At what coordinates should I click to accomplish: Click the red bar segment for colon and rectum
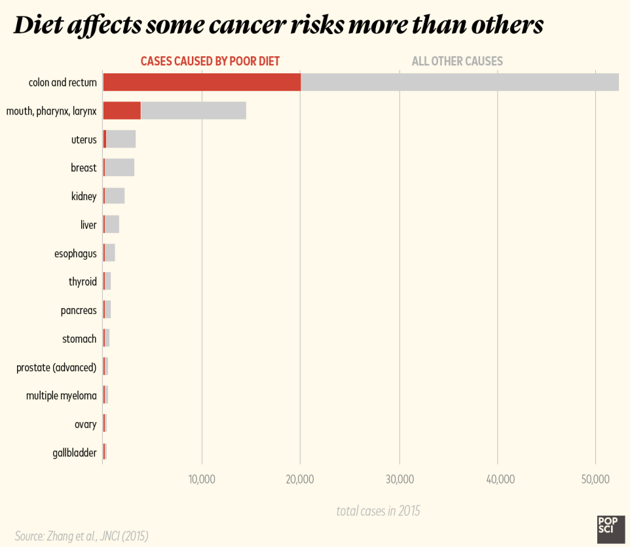(x=202, y=82)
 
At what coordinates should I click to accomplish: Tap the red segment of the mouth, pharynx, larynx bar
(x=122, y=111)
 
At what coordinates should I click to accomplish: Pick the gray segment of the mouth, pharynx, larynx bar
(x=193, y=111)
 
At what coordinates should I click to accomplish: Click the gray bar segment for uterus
(x=121, y=139)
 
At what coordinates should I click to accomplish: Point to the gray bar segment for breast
(x=120, y=168)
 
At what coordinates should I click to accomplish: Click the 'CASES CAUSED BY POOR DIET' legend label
(x=210, y=62)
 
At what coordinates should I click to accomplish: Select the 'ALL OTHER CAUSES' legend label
(x=457, y=62)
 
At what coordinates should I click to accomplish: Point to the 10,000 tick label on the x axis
(x=202, y=480)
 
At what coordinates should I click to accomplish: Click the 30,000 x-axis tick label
(x=399, y=480)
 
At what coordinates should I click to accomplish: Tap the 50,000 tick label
(x=595, y=480)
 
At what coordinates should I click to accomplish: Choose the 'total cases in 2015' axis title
(x=378, y=511)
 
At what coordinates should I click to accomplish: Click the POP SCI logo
(x=610, y=529)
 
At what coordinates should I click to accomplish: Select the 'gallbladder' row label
(x=75, y=453)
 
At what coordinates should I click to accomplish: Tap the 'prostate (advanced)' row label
(x=56, y=367)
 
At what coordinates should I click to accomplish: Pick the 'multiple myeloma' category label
(x=62, y=396)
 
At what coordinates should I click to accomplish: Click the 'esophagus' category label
(x=75, y=253)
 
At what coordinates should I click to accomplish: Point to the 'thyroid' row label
(x=83, y=282)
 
